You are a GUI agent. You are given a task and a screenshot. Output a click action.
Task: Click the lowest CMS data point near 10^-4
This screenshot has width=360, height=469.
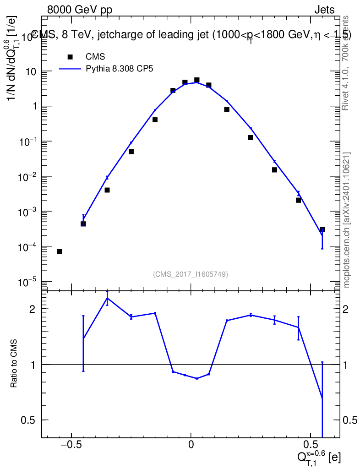click(60, 252)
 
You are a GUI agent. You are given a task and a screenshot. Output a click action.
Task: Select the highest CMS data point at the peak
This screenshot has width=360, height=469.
click(197, 80)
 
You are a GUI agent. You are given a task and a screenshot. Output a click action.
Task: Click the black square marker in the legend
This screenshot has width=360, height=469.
click(70, 57)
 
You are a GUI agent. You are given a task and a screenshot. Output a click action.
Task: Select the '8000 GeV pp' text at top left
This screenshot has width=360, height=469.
click(80, 10)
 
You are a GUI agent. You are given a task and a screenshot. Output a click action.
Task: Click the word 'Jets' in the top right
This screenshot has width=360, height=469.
click(324, 10)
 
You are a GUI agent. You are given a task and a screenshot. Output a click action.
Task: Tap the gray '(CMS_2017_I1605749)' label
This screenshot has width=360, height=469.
click(191, 274)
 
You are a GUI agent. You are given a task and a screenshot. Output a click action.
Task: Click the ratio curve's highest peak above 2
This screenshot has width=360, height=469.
click(107, 298)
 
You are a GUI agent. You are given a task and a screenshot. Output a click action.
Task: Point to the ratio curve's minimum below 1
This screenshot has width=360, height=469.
click(197, 378)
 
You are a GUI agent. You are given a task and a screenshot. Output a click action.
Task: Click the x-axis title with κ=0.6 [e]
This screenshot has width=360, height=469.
click(318, 457)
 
